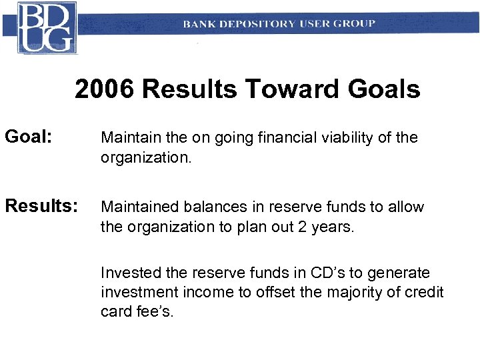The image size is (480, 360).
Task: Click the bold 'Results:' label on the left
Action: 41,207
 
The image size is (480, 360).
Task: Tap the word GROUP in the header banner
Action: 355,24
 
